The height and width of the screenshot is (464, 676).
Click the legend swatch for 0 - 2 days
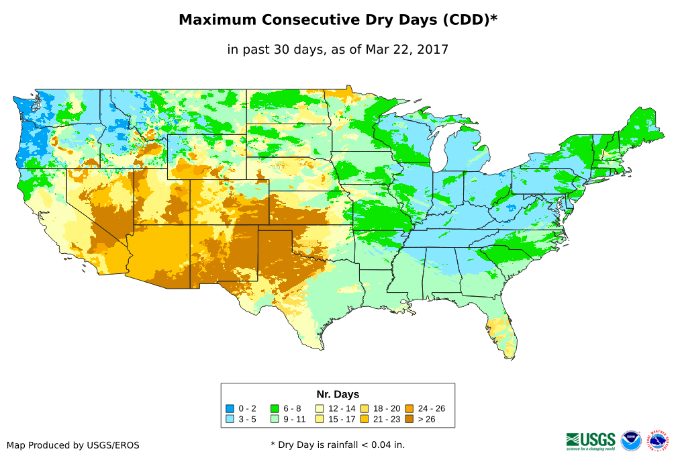(230, 408)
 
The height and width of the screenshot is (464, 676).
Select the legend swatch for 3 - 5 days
(230, 419)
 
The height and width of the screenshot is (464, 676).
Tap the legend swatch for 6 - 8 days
(275, 408)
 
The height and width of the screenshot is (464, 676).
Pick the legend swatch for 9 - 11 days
(275, 419)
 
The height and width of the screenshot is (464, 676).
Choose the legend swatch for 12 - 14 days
(320, 408)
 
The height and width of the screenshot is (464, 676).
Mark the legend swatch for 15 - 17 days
(320, 419)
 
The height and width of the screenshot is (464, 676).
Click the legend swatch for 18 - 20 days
(365, 408)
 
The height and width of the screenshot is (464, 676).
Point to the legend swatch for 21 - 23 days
(365, 419)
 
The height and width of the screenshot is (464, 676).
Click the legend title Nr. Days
(338, 394)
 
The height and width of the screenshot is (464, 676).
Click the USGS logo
(591, 440)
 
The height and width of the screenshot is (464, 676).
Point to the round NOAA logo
(631, 440)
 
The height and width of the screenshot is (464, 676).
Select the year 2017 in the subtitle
(433, 49)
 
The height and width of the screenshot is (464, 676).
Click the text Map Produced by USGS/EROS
(73, 445)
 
